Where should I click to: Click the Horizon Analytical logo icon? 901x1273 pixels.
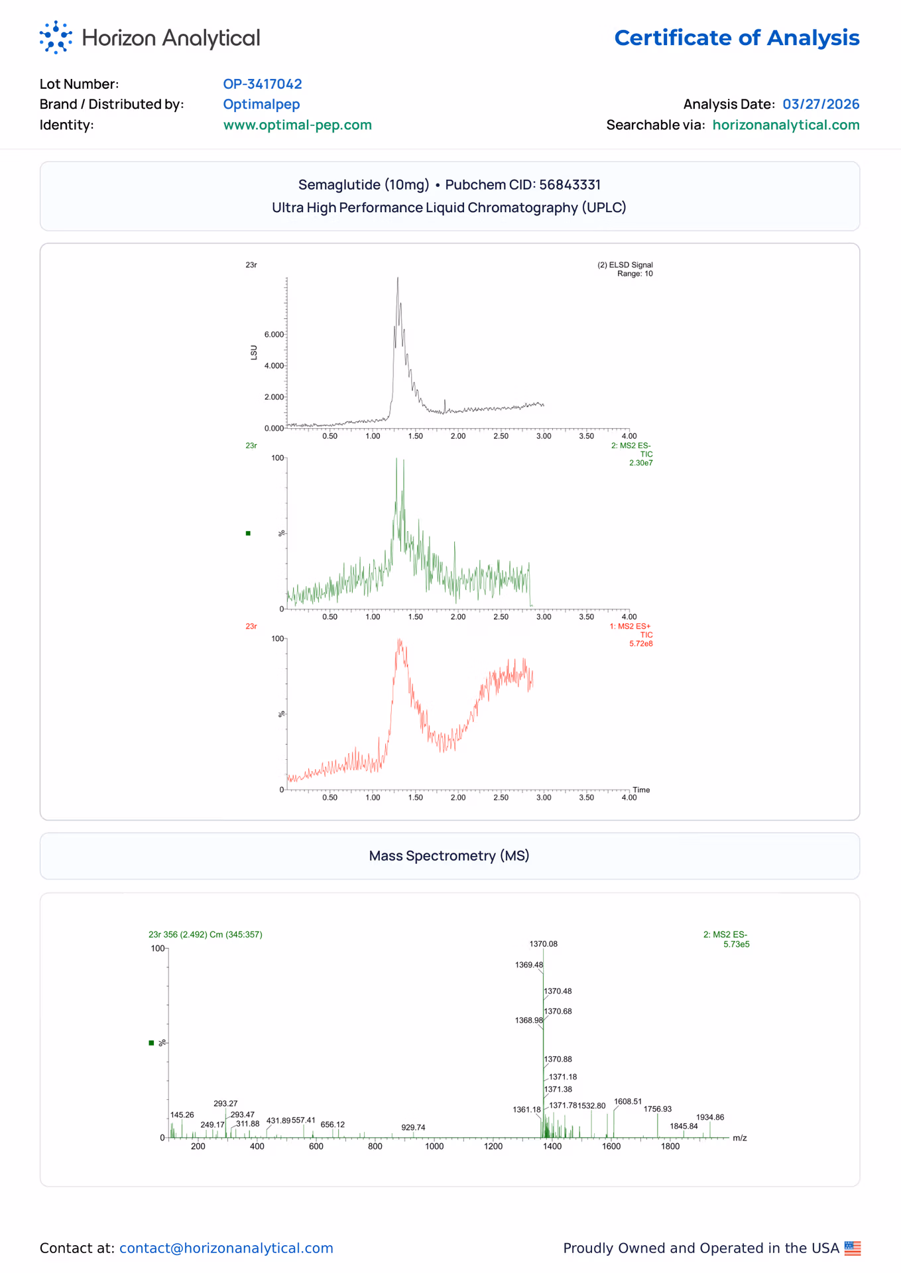[x=56, y=37]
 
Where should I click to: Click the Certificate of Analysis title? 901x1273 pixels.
[x=737, y=38]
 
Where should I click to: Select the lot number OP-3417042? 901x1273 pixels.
[x=263, y=84]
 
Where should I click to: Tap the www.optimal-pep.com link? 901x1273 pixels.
[x=297, y=125]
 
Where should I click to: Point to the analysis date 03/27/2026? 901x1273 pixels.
[x=821, y=104]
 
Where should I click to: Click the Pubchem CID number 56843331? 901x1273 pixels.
[x=570, y=184]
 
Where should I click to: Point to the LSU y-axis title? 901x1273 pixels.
[x=254, y=352]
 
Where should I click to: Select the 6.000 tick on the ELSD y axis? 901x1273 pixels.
[x=274, y=334]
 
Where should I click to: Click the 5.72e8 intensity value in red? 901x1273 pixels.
[x=641, y=643]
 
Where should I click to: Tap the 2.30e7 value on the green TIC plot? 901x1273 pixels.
[x=641, y=463]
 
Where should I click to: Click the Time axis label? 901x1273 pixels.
[x=641, y=790]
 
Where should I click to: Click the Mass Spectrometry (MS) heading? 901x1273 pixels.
[x=450, y=855]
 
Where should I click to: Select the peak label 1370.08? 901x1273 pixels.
[x=544, y=943]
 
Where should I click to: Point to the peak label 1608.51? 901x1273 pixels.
[x=628, y=1101]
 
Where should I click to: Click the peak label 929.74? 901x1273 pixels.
[x=413, y=1127]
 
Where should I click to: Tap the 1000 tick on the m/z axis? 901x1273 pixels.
[x=434, y=1146]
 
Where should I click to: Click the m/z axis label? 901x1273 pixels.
[x=740, y=1138]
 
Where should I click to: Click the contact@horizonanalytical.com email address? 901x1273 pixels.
[x=226, y=1248]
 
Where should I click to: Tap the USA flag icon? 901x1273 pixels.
[x=853, y=1248]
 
